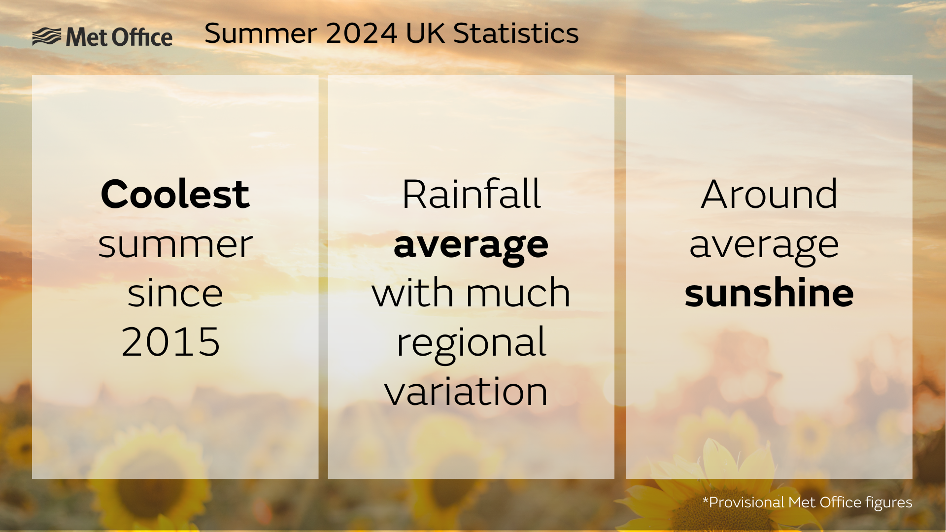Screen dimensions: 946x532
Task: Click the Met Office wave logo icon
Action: click(47, 37)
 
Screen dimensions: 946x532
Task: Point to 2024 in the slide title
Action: click(362, 33)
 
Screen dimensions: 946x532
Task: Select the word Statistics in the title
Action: click(516, 33)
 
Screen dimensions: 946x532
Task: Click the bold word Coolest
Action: click(175, 194)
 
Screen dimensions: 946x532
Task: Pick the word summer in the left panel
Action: click(175, 245)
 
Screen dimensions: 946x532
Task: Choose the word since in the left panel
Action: click(175, 293)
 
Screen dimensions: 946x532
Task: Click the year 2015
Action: click(171, 342)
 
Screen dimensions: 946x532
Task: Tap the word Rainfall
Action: click(472, 194)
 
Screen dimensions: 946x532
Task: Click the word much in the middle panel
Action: click(518, 292)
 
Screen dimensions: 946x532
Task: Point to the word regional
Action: click(472, 344)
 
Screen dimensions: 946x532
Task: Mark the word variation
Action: click(466, 391)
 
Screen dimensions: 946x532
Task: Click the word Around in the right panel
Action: click(769, 194)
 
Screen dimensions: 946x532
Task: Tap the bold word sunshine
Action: click(769, 292)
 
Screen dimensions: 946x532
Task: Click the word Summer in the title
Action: click(261, 33)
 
